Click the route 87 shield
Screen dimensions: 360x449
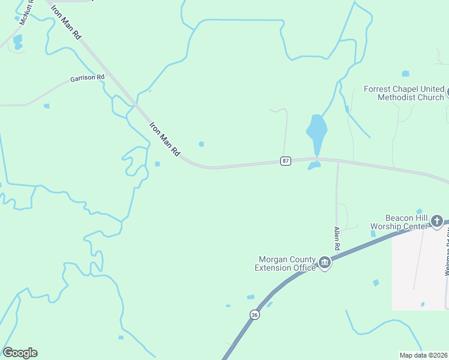tap(286, 161)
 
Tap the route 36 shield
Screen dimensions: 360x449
tap(255, 315)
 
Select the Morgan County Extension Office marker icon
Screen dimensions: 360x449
tap(325, 263)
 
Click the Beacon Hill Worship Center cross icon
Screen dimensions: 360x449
tap(437, 221)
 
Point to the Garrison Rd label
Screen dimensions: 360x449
tap(87, 78)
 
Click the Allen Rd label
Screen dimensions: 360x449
tap(337, 239)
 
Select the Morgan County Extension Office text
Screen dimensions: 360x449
tap(287, 263)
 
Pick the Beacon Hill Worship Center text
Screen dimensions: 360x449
tap(399, 221)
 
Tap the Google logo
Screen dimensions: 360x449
tap(20, 353)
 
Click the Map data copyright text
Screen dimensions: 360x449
tap(424, 355)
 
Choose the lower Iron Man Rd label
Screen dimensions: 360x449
tap(164, 140)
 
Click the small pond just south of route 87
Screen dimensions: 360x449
tap(314, 166)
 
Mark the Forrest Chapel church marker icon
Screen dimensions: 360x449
tap(447, 93)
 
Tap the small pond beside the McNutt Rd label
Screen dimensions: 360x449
tap(18, 40)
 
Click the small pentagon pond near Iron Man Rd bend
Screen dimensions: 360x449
tap(201, 143)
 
